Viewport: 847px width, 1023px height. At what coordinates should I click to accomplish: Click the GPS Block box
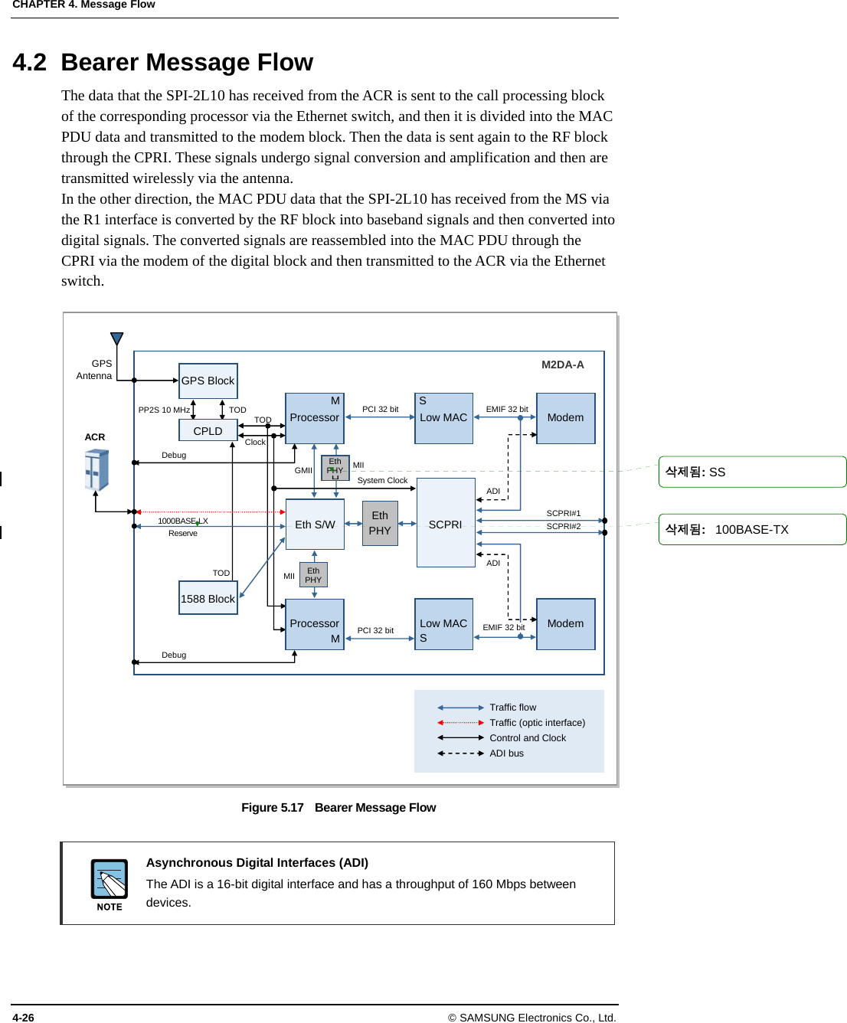click(x=208, y=381)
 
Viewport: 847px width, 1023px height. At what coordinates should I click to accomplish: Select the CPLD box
click(x=208, y=431)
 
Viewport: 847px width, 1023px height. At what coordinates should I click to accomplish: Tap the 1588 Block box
click(x=208, y=598)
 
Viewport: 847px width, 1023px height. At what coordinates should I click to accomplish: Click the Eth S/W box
click(x=315, y=525)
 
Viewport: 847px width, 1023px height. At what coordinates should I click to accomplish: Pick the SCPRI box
click(x=446, y=524)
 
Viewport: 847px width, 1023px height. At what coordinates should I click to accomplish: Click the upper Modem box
click(x=565, y=418)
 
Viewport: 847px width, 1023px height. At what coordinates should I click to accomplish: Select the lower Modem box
click(x=565, y=623)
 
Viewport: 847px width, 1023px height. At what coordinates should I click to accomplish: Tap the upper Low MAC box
click(x=443, y=418)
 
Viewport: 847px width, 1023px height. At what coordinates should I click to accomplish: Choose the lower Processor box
click(x=315, y=624)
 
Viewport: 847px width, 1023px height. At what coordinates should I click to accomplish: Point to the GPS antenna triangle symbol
click(x=116, y=339)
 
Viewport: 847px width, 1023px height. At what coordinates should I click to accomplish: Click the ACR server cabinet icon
click(x=96, y=469)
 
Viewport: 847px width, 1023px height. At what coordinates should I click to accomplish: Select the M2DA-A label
click(x=562, y=364)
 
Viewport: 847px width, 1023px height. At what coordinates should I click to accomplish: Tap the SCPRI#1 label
click(x=563, y=513)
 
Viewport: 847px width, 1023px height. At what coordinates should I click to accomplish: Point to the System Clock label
click(x=382, y=481)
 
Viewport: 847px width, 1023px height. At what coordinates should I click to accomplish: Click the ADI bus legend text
click(x=506, y=753)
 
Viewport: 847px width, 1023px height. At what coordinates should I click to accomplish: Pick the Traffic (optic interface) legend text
click(x=537, y=723)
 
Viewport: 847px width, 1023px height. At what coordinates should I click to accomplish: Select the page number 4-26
click(x=23, y=1018)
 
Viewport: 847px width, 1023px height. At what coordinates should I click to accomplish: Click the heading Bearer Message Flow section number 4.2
click(x=29, y=62)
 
